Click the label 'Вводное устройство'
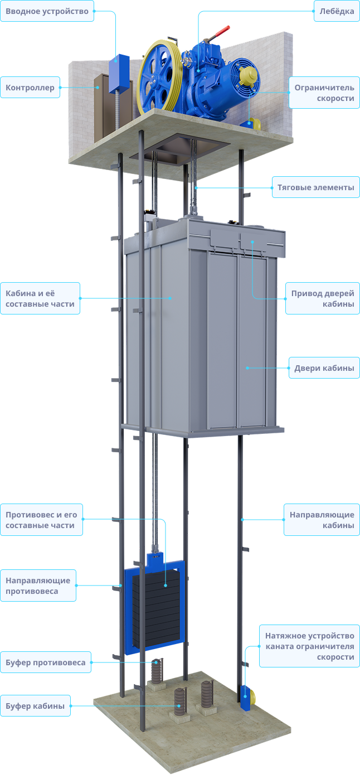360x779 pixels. (x=47, y=11)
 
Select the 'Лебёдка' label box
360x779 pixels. (x=337, y=11)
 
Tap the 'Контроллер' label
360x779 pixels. (x=30, y=88)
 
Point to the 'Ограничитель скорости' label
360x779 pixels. (x=324, y=93)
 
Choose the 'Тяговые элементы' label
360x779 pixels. (x=315, y=187)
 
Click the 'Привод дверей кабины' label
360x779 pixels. (x=323, y=298)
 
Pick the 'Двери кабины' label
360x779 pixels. (x=324, y=368)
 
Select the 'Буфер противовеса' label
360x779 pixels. (x=46, y=662)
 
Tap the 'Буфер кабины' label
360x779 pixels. (x=35, y=706)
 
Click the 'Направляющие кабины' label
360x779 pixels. (x=322, y=520)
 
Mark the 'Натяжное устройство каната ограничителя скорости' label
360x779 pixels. (x=309, y=646)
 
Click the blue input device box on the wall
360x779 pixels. (x=119, y=74)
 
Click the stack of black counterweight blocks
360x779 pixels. (x=157, y=608)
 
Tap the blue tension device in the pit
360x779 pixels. (x=247, y=697)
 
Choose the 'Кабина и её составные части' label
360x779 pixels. (x=40, y=298)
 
